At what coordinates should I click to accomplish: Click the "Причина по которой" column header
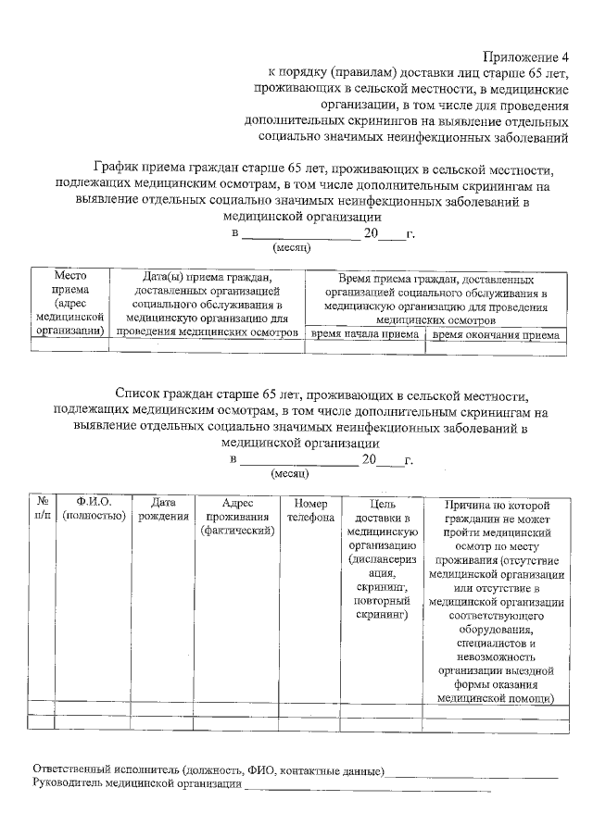(x=498, y=505)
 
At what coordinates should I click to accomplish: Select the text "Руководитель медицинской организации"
(x=135, y=784)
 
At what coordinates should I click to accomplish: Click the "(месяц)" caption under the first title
(x=291, y=247)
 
